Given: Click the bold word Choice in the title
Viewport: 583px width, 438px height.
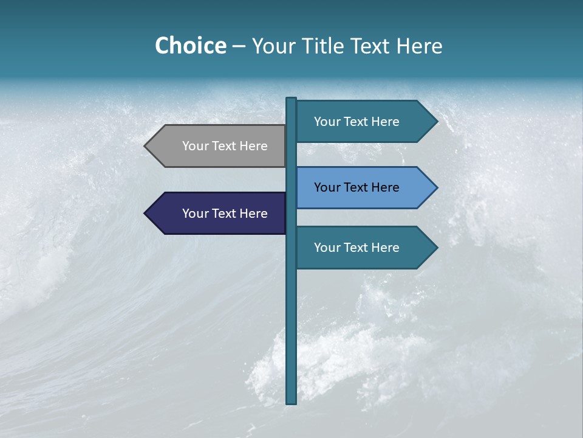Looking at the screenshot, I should [190, 46].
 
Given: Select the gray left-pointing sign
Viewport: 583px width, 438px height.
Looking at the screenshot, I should [219, 146].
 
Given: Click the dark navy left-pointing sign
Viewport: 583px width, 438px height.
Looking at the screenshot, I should [219, 214].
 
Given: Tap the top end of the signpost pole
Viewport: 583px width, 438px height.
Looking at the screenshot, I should [291, 99].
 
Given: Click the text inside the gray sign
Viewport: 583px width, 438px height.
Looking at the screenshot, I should [225, 146].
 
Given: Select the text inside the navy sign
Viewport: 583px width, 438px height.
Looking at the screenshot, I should [225, 214].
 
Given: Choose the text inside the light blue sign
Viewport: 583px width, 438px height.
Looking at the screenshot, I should [356, 187].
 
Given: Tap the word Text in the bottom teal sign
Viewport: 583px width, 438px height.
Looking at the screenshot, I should [356, 248].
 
